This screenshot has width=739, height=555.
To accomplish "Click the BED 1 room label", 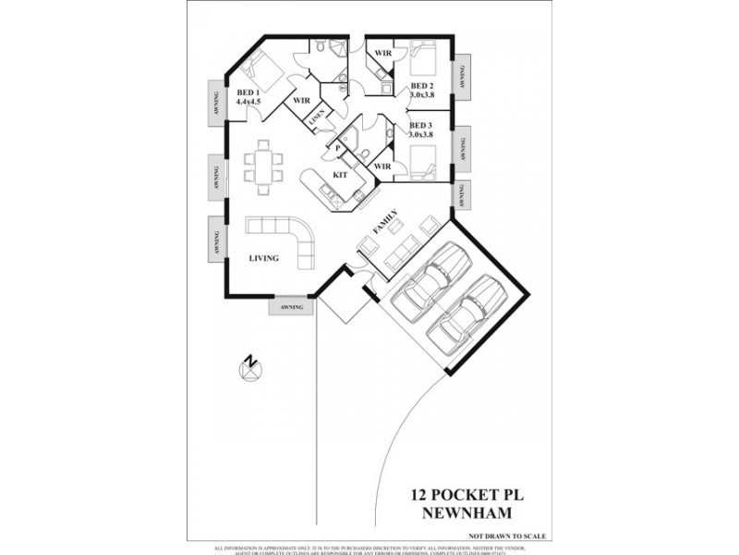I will click(x=247, y=92).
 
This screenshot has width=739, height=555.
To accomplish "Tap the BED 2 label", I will click(x=421, y=85).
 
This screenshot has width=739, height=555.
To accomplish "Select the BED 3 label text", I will click(x=421, y=125).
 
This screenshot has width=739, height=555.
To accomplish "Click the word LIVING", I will click(x=263, y=259).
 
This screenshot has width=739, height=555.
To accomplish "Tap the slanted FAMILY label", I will click(x=385, y=222).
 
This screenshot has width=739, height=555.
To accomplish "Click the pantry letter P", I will click(x=339, y=148).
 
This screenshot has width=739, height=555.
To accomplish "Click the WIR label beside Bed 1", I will click(x=299, y=100).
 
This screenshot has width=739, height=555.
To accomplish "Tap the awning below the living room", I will click(x=290, y=307).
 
